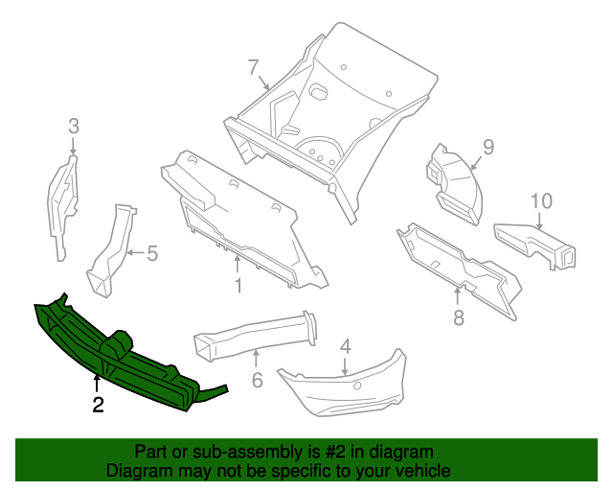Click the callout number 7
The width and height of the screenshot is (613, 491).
click(x=253, y=67)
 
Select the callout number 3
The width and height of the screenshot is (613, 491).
click(x=73, y=125)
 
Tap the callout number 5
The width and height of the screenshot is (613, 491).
click(x=151, y=254)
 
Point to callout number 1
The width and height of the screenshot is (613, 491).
click(x=238, y=286)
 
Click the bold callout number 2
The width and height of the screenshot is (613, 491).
click(x=98, y=405)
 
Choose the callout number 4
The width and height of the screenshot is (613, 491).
click(x=345, y=346)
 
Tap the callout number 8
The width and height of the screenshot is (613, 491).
click(x=458, y=317)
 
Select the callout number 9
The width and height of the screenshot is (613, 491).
click(x=488, y=147)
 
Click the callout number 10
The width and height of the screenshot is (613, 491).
click(x=541, y=200)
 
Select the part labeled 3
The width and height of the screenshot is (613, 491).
click(x=62, y=206)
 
